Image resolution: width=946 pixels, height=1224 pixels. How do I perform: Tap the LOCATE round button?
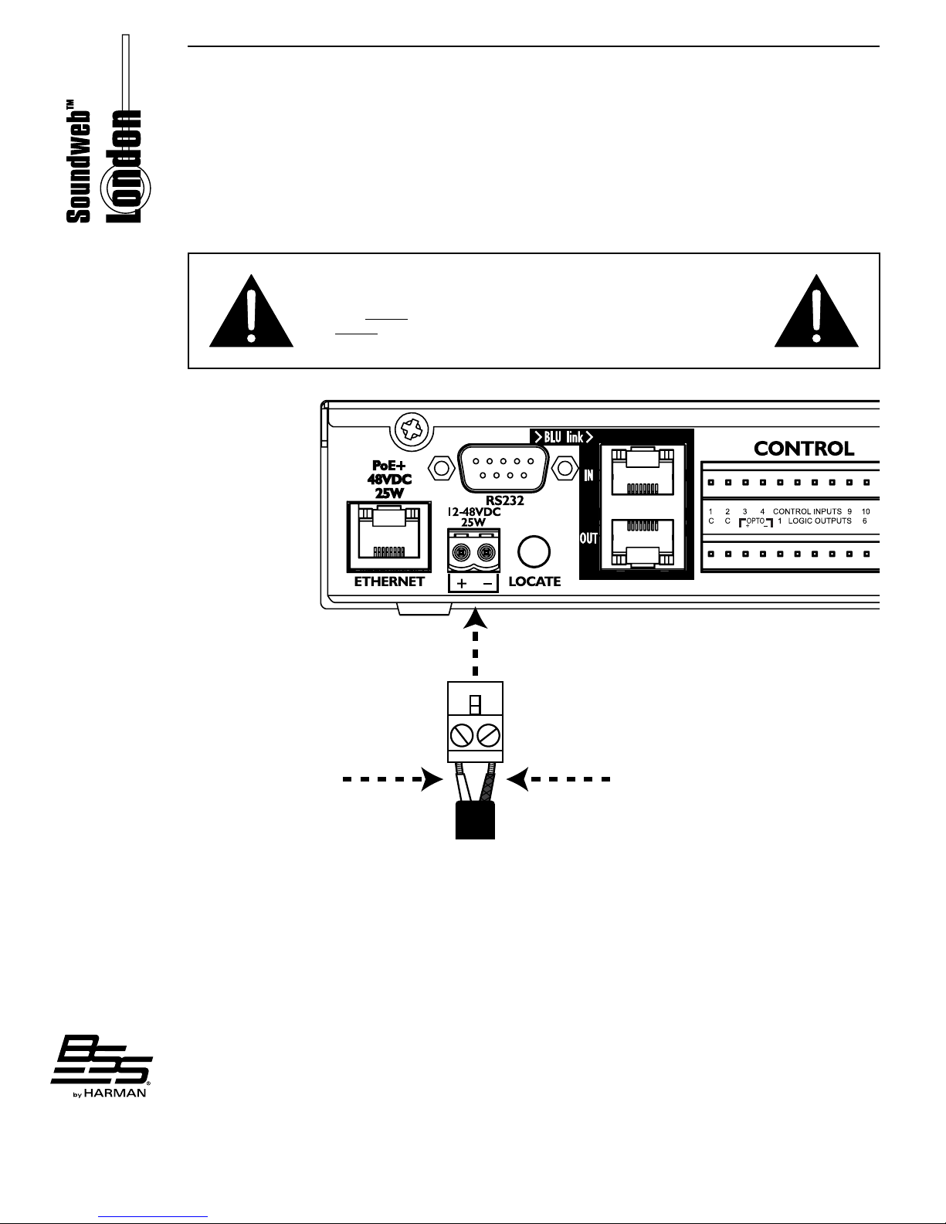(x=534, y=552)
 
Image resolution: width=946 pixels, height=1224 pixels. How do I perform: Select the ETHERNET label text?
(x=389, y=581)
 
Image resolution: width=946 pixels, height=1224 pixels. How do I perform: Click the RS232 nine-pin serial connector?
(x=503, y=467)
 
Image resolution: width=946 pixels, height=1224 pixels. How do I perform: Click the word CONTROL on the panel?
(x=804, y=449)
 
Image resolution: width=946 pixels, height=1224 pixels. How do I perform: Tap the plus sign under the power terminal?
(x=462, y=584)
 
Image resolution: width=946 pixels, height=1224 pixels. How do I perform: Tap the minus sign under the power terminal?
(x=488, y=584)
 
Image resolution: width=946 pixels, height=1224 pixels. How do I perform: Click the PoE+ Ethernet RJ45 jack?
(x=389, y=533)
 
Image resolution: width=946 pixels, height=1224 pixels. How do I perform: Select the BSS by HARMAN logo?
(x=100, y=1066)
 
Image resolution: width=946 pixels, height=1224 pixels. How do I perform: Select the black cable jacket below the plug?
(x=475, y=820)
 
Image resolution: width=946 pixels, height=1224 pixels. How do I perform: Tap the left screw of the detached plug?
(x=463, y=734)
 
